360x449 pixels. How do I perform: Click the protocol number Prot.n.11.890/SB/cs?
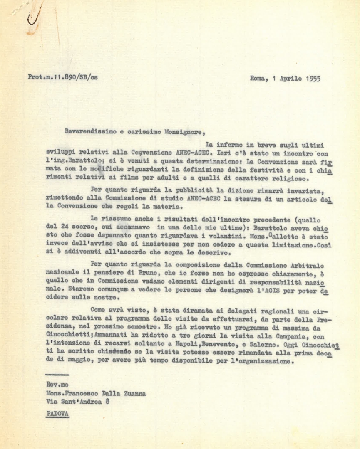(63, 77)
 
